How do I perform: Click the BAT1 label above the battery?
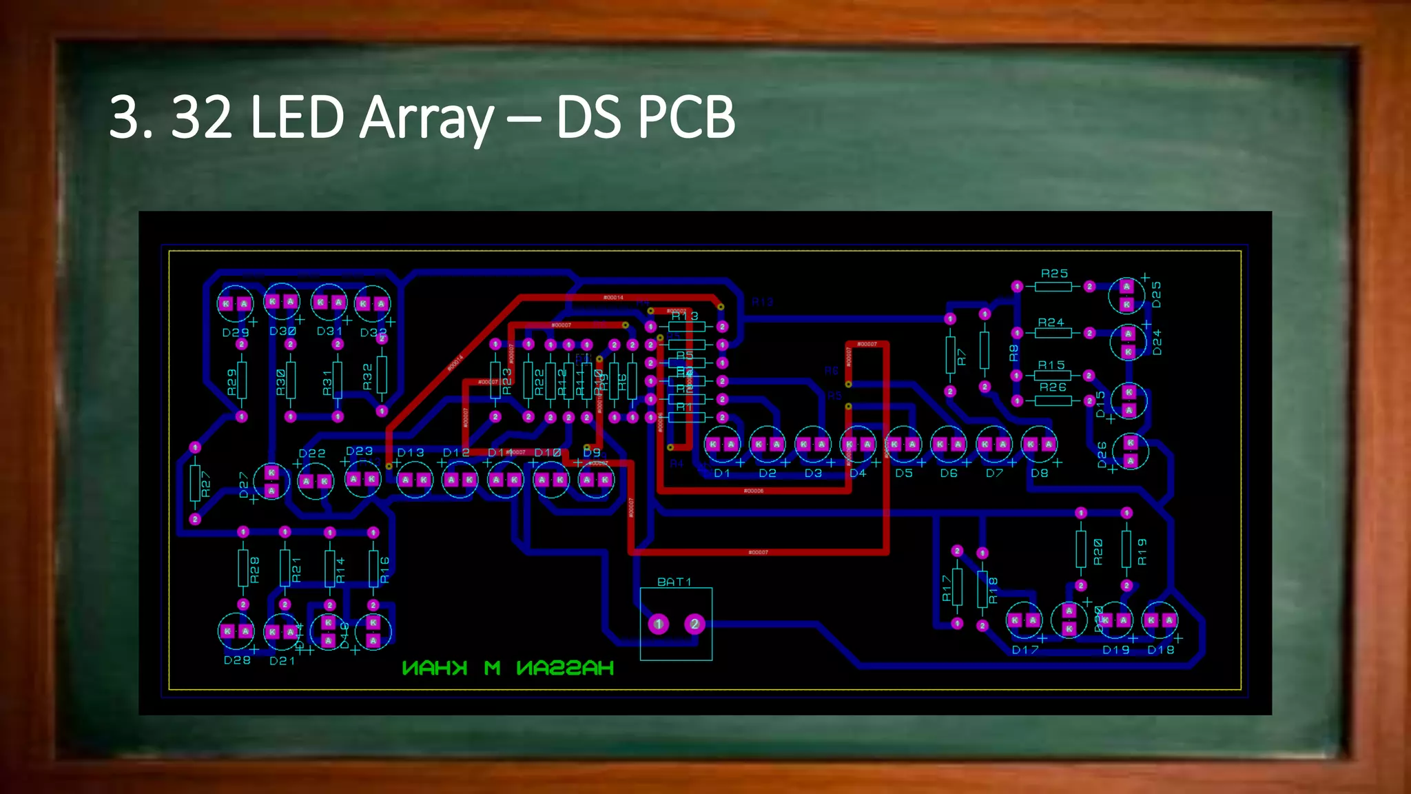tap(674, 582)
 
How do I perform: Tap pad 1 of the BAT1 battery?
tap(659, 624)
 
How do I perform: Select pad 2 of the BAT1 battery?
tap(694, 624)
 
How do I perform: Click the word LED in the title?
tap(297, 117)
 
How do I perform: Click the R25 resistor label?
tap(1054, 274)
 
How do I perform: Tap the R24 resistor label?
tap(1051, 323)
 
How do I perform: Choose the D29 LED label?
tap(236, 332)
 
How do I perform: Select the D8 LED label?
tap(1039, 474)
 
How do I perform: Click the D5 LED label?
tap(904, 474)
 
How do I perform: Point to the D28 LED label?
tap(237, 660)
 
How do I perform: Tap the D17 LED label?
tap(1025, 650)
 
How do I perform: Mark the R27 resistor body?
tap(196, 483)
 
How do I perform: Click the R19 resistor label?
tap(1142, 551)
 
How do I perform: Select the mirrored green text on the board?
tap(508, 668)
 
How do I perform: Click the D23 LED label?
tap(359, 451)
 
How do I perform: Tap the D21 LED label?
tap(282, 661)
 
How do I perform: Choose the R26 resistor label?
tap(1053, 387)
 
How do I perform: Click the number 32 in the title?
tap(201, 117)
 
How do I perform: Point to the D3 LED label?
tap(813, 474)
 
